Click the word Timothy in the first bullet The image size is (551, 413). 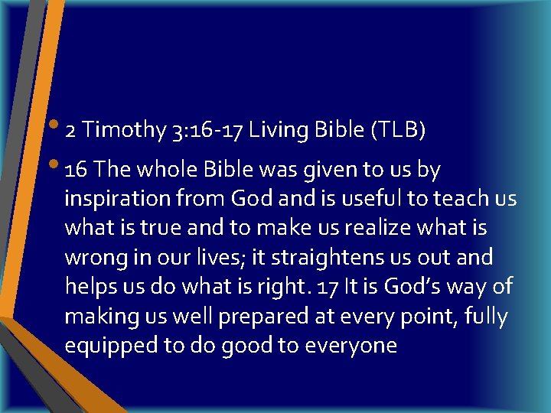click(122, 131)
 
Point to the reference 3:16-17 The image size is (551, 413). click(201, 131)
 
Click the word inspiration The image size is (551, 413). click(118, 200)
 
